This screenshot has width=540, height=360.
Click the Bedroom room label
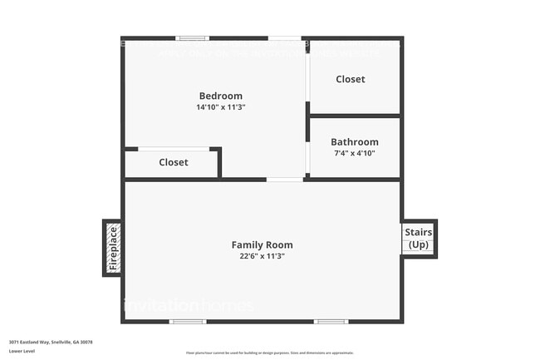tap(220, 96)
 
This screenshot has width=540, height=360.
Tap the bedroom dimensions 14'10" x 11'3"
tap(220, 107)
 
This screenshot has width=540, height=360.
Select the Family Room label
tap(262, 244)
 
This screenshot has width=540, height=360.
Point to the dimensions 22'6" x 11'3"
tap(262, 256)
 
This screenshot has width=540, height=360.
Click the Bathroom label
tap(355, 142)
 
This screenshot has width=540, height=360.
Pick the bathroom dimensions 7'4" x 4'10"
tap(355, 153)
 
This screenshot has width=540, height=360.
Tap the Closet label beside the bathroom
tap(350, 79)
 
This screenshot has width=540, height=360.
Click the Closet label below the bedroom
tap(174, 162)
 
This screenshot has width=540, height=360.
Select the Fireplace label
tap(113, 248)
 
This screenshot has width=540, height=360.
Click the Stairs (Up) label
tap(418, 239)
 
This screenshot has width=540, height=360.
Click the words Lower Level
tap(22, 352)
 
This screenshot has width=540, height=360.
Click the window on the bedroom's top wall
tap(193, 38)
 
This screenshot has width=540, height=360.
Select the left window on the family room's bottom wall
tap(188, 322)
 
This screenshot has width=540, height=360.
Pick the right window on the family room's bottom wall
tap(331, 322)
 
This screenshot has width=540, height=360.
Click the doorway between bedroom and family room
tap(285, 179)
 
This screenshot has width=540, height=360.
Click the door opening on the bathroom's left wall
tap(307, 157)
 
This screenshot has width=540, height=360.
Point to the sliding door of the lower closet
tap(173, 149)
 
